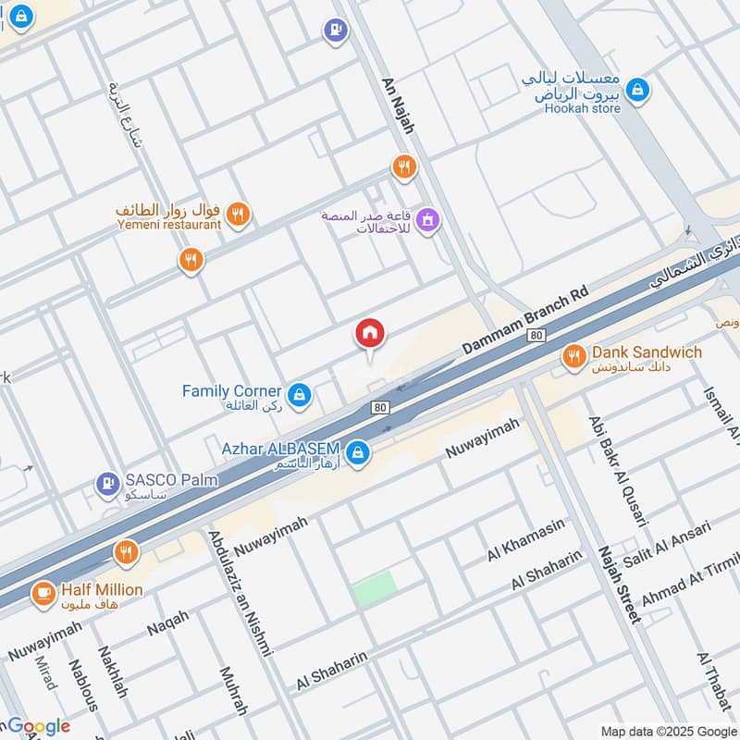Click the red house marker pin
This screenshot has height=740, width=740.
point(370,334)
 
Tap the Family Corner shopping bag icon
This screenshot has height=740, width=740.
point(299,396)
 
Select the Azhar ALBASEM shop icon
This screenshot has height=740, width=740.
point(360,453)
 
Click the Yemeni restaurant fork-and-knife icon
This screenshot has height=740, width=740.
point(238,215)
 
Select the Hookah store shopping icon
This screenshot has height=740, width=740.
point(636,90)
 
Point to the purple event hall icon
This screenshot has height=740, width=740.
point(426,219)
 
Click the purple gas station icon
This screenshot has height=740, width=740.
point(334,31)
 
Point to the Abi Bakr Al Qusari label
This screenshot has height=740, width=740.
point(617,472)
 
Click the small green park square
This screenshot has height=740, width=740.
point(375,588)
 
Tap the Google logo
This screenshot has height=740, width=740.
point(38,725)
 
